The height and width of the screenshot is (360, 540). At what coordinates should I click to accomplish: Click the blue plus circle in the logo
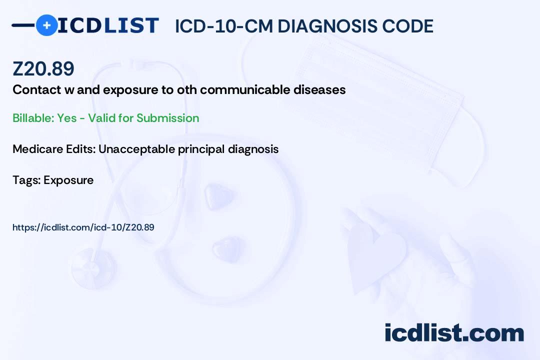46,25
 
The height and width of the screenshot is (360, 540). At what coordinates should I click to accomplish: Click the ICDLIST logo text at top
108,25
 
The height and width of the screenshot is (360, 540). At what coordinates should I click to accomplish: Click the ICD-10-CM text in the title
223,26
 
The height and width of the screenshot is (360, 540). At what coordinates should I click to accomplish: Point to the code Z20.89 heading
43,69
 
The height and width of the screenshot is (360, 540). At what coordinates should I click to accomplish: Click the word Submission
167,118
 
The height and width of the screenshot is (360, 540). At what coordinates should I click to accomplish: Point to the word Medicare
35,149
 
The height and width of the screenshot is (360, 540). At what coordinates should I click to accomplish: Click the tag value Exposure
68,180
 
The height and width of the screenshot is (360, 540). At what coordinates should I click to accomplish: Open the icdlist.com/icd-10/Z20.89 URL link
83,227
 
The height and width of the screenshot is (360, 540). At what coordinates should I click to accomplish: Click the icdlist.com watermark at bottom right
454,333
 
